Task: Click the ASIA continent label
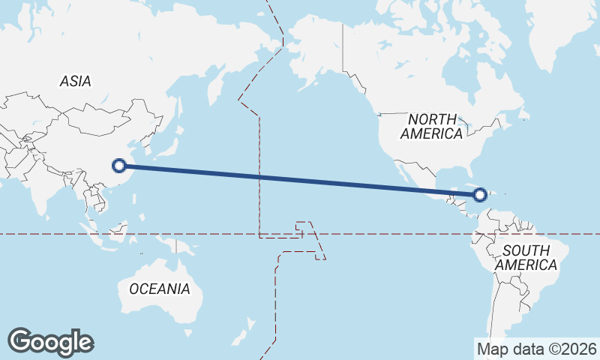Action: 75,81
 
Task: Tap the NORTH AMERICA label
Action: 431,127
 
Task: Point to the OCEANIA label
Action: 159,289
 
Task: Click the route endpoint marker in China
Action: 118,166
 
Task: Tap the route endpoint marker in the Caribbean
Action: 480,195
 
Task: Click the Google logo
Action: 50,342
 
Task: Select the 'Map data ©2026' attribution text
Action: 537,349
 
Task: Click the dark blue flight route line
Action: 300,180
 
